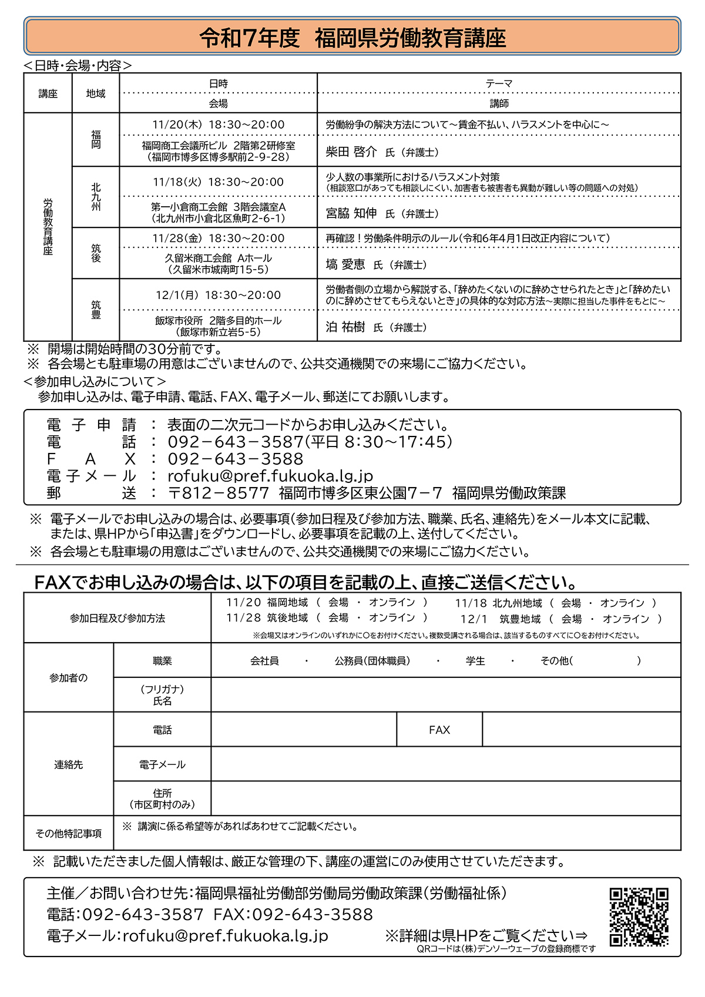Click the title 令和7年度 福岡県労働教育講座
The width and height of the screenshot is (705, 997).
point(352,39)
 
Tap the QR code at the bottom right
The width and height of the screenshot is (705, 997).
point(639,916)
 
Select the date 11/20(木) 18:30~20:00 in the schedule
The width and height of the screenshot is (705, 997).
point(218,125)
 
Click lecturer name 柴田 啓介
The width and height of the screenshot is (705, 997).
point(351,152)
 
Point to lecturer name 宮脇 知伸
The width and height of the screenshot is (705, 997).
point(351,213)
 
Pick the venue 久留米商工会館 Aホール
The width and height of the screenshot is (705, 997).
point(218,258)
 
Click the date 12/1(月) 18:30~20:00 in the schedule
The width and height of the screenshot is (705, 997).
point(218,295)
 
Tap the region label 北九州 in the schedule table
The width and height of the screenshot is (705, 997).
point(96,197)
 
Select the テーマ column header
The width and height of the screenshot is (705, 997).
point(499,83)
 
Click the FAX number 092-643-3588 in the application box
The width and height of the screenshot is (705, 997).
point(236,459)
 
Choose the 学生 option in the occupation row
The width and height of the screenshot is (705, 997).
point(475,661)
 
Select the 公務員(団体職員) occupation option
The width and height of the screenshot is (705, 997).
point(372,661)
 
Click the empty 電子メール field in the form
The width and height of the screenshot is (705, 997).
point(445,764)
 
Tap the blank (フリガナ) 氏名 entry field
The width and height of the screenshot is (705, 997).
point(445,695)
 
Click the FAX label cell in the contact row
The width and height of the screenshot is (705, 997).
point(439,730)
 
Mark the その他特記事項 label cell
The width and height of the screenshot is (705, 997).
point(69,833)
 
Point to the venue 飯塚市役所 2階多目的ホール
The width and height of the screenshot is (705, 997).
point(218,321)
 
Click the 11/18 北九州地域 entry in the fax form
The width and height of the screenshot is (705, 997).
point(498,603)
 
